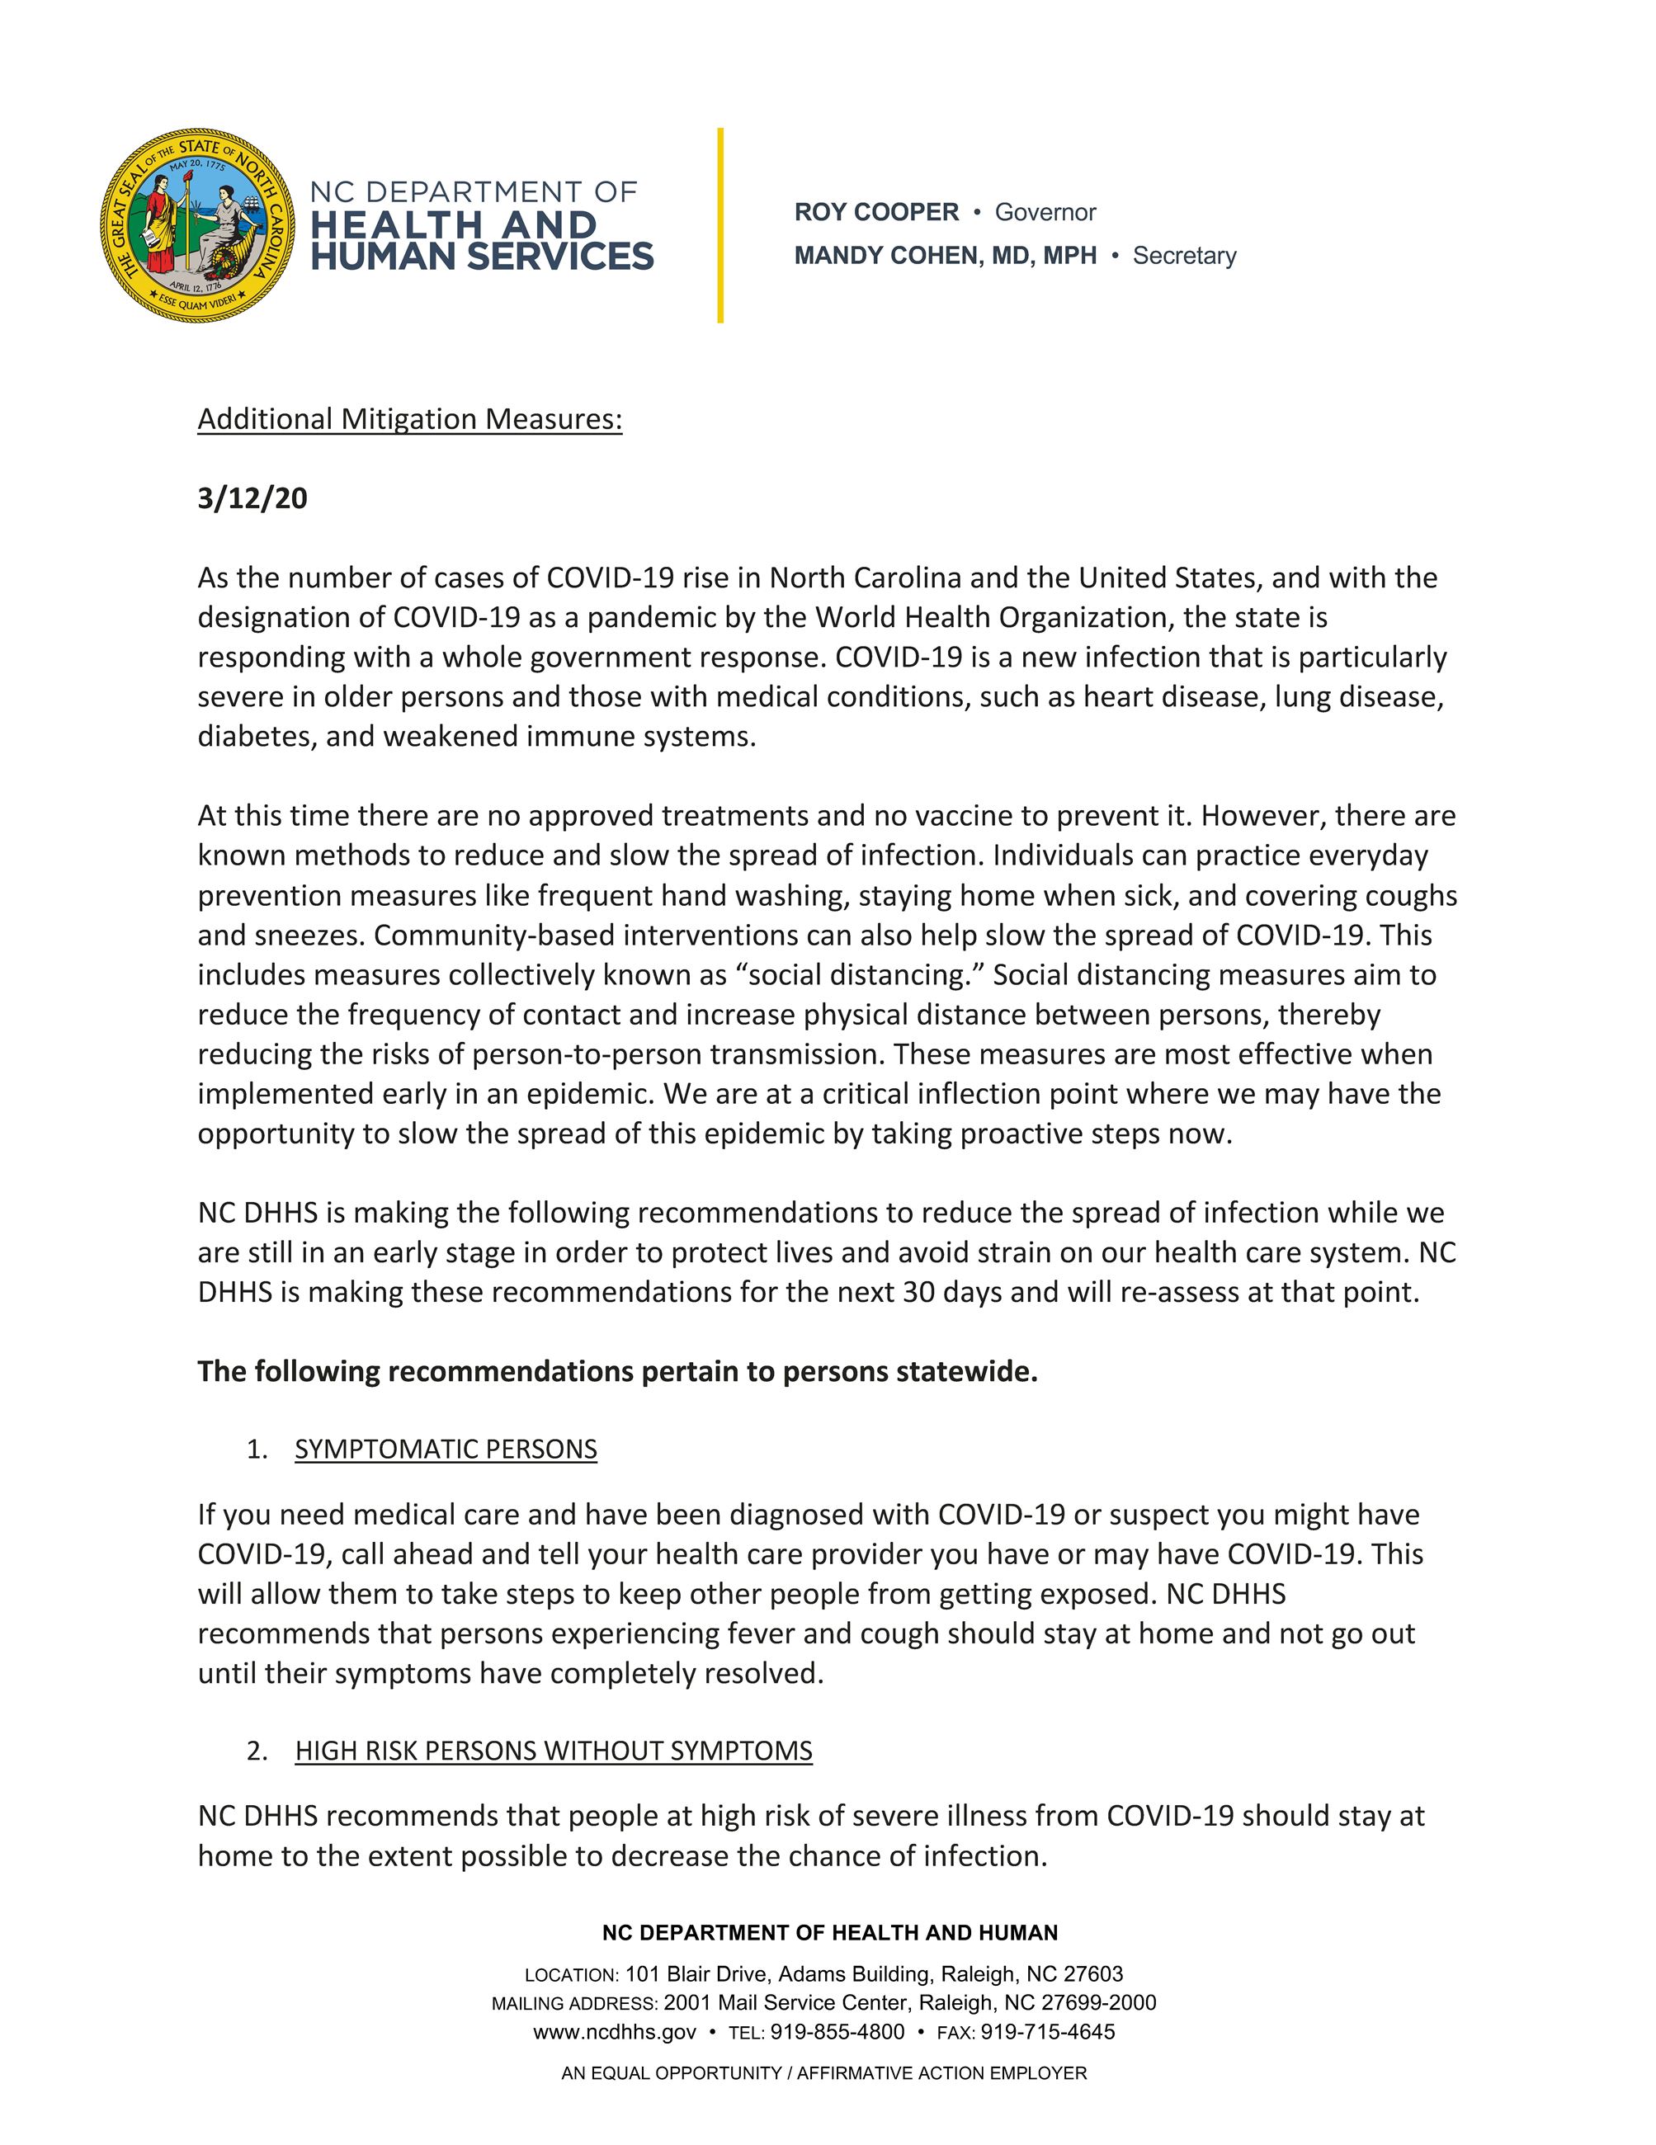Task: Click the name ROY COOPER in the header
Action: [x=876, y=212]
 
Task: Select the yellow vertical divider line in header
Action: [x=720, y=225]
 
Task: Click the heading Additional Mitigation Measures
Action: [x=409, y=419]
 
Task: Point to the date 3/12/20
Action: [x=252, y=499]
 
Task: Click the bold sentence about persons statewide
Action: [x=617, y=1371]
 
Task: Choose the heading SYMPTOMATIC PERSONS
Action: [x=445, y=1450]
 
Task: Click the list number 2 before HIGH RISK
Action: [x=257, y=1751]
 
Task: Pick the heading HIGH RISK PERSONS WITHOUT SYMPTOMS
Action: [x=553, y=1751]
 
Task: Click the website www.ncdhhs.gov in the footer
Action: [x=615, y=2032]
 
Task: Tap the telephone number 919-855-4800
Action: [x=837, y=2032]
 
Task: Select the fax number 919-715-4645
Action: [x=1047, y=2032]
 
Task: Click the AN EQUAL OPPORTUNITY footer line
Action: [x=823, y=2073]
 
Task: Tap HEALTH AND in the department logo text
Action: [x=454, y=225]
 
